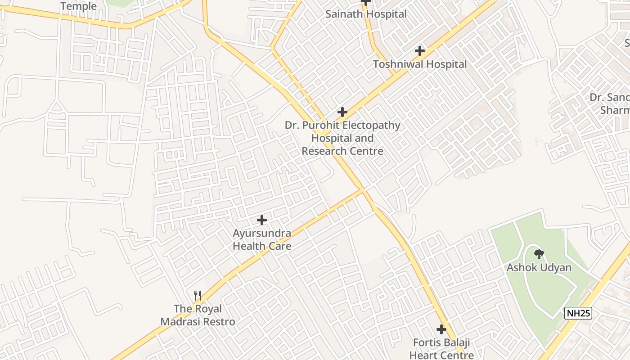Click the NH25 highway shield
click(578, 313)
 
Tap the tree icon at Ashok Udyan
click(539, 254)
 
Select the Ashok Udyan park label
click(539, 267)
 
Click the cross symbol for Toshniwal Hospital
click(420, 51)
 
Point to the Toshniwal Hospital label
click(420, 64)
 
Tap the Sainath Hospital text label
click(366, 14)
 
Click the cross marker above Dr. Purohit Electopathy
click(342, 112)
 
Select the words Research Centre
click(342, 151)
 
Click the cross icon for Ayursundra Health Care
click(262, 220)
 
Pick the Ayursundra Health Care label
click(262, 240)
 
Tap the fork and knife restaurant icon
click(198, 296)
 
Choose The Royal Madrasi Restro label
click(198, 315)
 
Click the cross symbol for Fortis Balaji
click(441, 329)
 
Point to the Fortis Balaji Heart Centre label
click(441, 349)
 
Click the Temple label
click(78, 6)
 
